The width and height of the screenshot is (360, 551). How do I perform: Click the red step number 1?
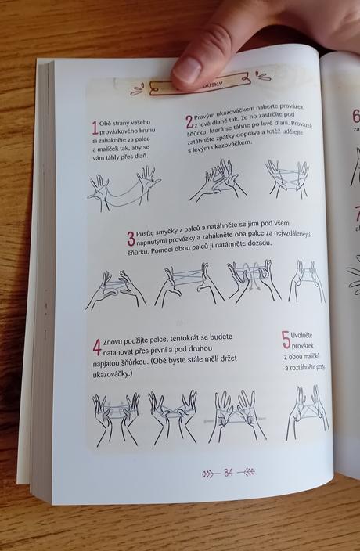[95, 128]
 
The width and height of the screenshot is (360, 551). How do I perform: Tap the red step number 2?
[189, 121]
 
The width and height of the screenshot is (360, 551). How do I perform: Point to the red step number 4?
[96, 346]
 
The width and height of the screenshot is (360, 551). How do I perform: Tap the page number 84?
[229, 472]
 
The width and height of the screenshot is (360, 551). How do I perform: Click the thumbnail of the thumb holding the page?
[188, 70]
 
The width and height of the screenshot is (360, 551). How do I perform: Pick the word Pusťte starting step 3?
[149, 234]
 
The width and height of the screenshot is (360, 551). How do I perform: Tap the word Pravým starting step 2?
[207, 114]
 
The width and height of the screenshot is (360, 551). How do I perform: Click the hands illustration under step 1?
[124, 189]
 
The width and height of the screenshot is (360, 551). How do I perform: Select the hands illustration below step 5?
[307, 406]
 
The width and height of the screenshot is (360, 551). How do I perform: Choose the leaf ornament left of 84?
[209, 473]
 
